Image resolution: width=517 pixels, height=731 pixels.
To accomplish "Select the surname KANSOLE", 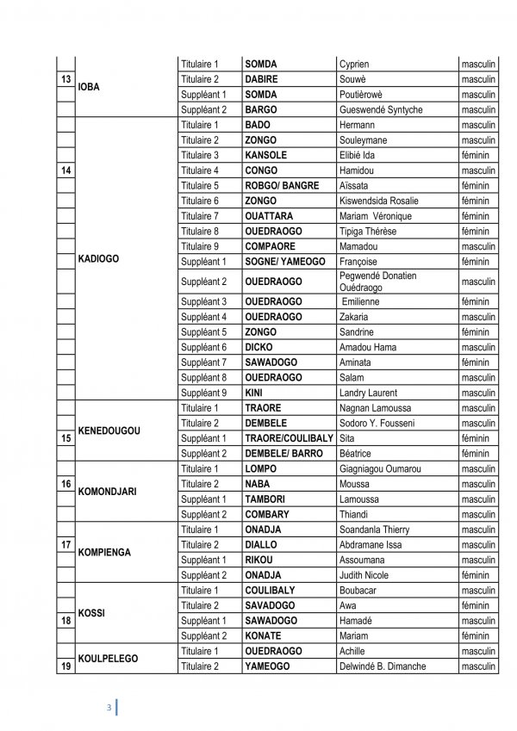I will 265,155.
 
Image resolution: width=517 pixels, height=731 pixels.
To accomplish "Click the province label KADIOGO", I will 98,258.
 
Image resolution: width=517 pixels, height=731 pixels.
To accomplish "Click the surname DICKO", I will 258,347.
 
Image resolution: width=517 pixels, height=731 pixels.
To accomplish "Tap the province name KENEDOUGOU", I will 109,430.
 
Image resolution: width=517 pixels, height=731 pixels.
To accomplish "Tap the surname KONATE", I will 264,635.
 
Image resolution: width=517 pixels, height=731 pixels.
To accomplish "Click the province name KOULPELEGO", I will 108,658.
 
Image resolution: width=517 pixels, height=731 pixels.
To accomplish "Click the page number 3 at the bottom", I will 109,708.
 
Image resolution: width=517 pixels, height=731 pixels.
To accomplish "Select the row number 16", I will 65,484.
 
